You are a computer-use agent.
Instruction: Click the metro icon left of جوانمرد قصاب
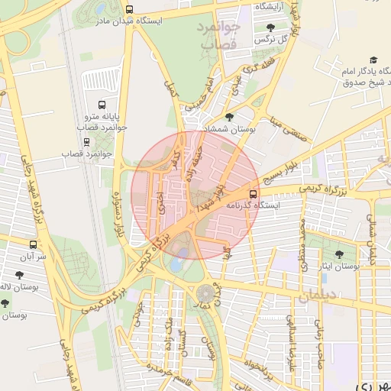(x=86, y=142)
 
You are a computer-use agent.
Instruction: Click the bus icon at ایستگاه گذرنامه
(x=254, y=194)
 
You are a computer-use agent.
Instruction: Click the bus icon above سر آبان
(x=32, y=244)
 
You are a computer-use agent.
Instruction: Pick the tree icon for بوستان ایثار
(x=339, y=254)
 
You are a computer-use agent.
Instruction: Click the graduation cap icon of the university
(x=373, y=60)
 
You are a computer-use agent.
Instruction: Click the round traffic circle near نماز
(x=205, y=293)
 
